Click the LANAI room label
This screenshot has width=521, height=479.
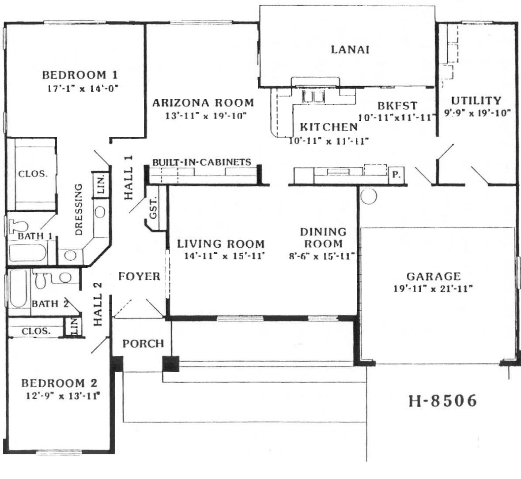pos(350,49)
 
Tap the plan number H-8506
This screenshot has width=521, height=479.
pos(442,400)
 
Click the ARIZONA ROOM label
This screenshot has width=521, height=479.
pos(203,103)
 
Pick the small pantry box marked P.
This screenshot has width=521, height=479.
pos(396,175)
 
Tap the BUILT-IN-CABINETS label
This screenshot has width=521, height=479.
pos(202,162)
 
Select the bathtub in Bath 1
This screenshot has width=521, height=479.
pos(27,253)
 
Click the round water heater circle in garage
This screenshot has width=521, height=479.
pos(369,196)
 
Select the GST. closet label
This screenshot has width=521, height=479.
pos(153,208)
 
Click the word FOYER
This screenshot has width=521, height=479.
pos(139,276)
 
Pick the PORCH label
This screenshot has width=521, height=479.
pos(143,343)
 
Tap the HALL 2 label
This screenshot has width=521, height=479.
pos(98,304)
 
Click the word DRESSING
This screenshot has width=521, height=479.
pos(79,210)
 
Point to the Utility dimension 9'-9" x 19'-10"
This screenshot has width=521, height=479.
pos(477,113)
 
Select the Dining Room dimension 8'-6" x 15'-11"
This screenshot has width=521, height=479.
pos(322,256)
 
